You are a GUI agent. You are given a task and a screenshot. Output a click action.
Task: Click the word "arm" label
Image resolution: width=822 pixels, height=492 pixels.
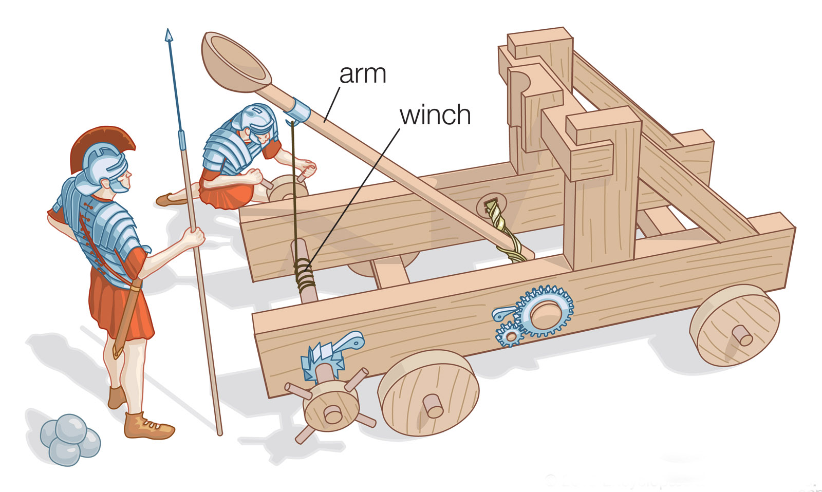[362, 74]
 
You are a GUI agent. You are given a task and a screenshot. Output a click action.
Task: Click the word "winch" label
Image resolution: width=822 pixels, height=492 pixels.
[435, 115]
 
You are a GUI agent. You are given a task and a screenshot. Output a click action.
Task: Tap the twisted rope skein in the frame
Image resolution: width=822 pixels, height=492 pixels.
[501, 226]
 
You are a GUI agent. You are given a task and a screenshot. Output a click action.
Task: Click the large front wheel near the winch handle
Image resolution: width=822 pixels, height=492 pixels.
[428, 393]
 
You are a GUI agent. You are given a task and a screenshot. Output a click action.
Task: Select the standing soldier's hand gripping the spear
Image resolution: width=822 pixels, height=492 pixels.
[194, 237]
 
